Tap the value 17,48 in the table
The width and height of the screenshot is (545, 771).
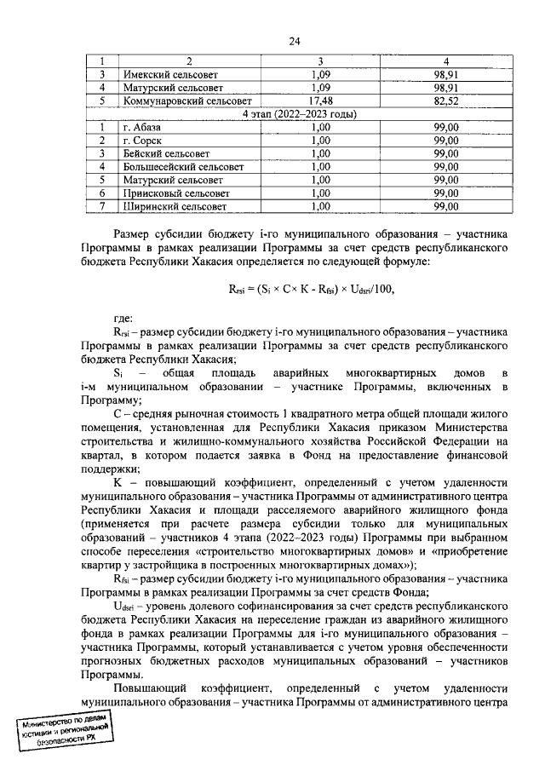[x=320, y=101]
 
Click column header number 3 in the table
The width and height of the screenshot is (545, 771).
[x=320, y=61]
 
